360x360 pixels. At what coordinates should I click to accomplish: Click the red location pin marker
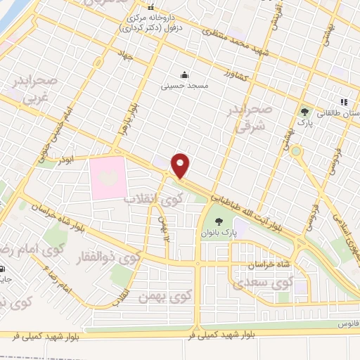[x=181, y=165]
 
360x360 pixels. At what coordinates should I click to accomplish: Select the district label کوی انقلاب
[x=153, y=200]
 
